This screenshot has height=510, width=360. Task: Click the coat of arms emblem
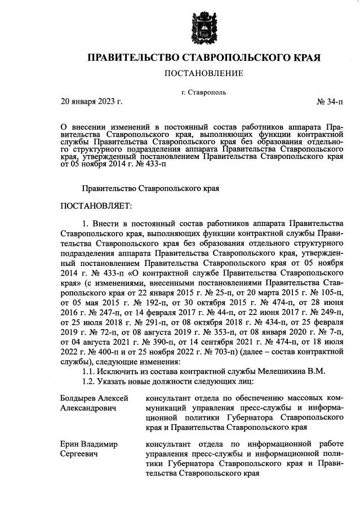coord(203,27)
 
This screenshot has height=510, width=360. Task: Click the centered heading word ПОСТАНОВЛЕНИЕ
coord(203,73)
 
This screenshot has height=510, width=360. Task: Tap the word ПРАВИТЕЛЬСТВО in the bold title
coord(133,58)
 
